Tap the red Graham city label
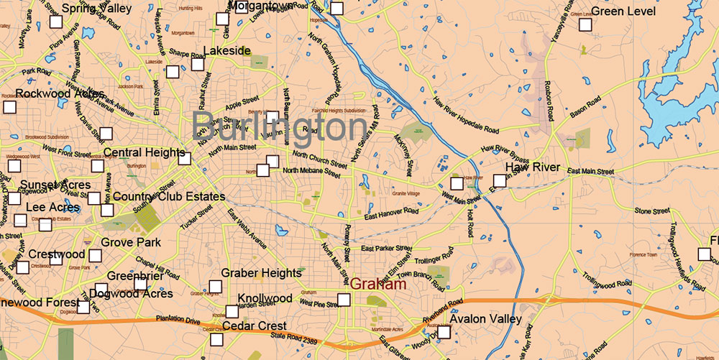[x=378, y=285]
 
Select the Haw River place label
[x=532, y=167]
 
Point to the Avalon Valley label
[x=485, y=318]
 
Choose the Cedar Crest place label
[x=255, y=326]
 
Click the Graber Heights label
[x=261, y=273]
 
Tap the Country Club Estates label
[x=169, y=196]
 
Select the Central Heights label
[x=146, y=152]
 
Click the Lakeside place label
[x=226, y=51]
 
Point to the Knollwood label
[x=265, y=298]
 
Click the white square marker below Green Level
[x=585, y=25]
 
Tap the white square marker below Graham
[x=344, y=300]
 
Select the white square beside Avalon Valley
[x=444, y=332]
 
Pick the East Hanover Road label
[x=391, y=213]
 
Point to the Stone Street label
[x=652, y=211]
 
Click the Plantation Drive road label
[x=178, y=321]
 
